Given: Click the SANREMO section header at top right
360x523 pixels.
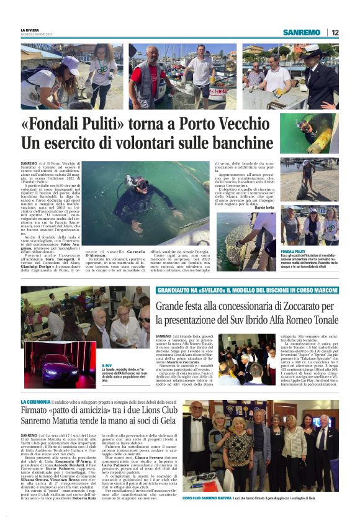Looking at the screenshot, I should coord(301,32).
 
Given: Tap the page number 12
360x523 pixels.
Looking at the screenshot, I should coord(335,32).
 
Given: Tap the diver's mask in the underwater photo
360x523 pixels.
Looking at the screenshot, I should coord(141,184).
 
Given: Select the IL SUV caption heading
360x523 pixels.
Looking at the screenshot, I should coord(107,365).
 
